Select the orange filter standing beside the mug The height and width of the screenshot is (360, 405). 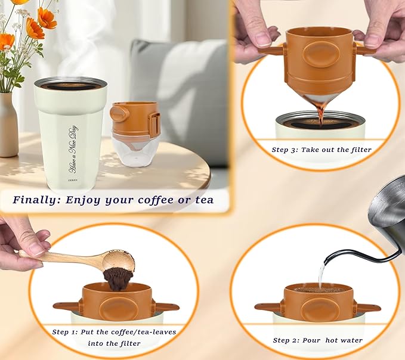point(135,120)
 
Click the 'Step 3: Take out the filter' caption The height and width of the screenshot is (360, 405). point(321,150)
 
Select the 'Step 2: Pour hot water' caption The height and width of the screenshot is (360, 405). point(317,340)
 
